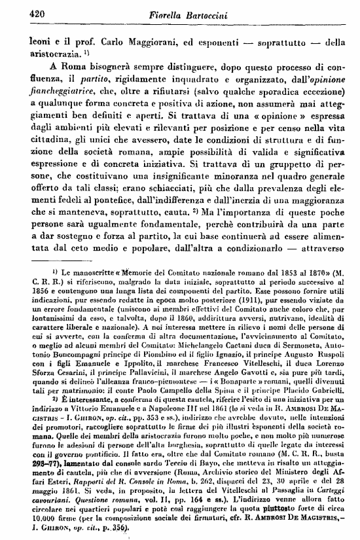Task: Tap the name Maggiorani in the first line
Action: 141,44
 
